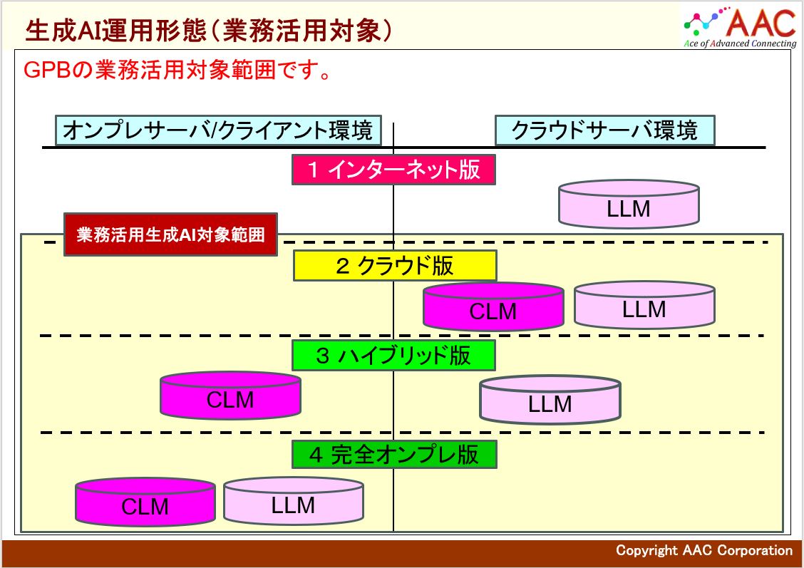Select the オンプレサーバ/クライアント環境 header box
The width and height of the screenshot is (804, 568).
217,131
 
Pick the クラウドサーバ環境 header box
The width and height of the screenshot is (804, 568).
604,131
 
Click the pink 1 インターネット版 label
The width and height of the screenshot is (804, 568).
393,170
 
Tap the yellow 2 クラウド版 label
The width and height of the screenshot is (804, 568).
394,266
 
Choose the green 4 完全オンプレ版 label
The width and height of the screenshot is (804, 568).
393,455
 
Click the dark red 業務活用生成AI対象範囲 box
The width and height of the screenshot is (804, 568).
170,234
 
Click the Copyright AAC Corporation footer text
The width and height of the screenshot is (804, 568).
703,550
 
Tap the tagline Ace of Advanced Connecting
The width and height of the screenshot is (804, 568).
740,43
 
